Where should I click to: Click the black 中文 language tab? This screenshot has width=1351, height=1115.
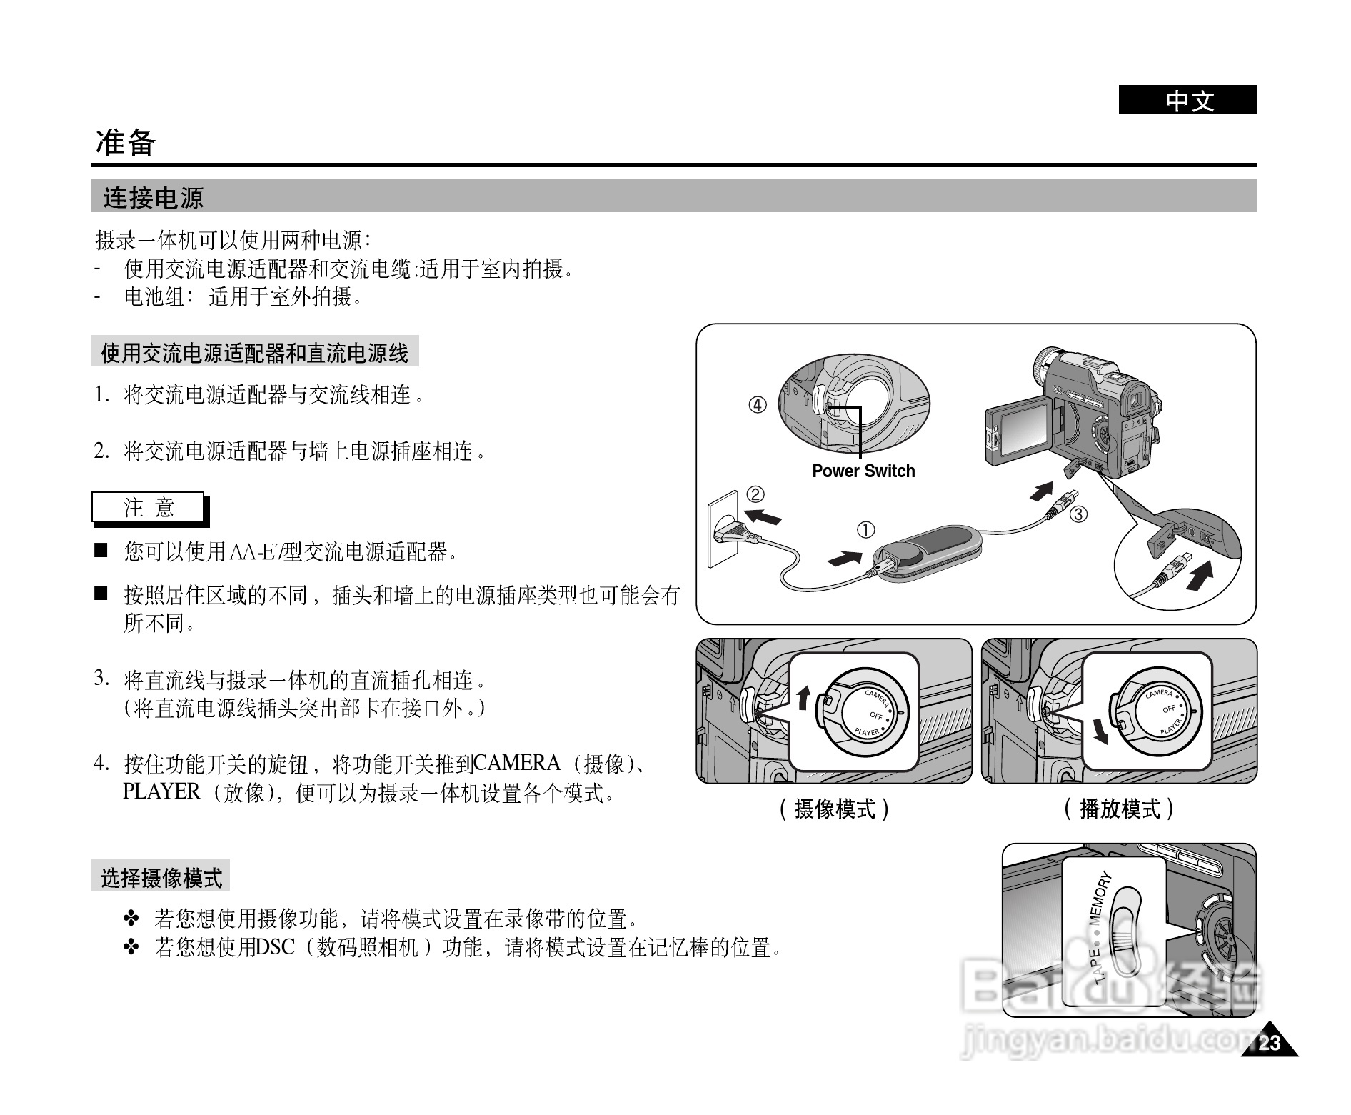click(x=1187, y=100)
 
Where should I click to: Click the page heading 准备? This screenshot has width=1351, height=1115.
click(x=126, y=143)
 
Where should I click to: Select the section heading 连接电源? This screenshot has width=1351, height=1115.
click(x=154, y=197)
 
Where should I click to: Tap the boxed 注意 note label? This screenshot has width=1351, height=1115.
click(x=149, y=508)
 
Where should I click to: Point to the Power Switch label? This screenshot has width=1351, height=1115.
click(x=863, y=471)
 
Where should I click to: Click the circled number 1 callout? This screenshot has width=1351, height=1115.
click(x=865, y=530)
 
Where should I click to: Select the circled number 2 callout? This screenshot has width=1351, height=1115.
click(x=755, y=494)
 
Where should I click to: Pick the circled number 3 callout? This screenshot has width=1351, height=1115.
click(x=1078, y=514)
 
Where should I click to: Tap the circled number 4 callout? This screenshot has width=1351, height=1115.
click(x=758, y=405)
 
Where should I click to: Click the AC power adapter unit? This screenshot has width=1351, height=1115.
click(x=928, y=554)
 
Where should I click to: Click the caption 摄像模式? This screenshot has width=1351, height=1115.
click(x=835, y=809)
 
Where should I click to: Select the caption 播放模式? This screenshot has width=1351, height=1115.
click(x=1119, y=809)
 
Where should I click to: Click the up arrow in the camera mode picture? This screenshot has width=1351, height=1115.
click(x=804, y=696)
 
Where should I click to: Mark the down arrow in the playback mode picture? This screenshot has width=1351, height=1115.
click(x=1101, y=730)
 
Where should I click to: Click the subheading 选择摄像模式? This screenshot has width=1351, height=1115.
click(x=161, y=877)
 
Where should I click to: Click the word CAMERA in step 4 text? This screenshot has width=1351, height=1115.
click(x=516, y=764)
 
